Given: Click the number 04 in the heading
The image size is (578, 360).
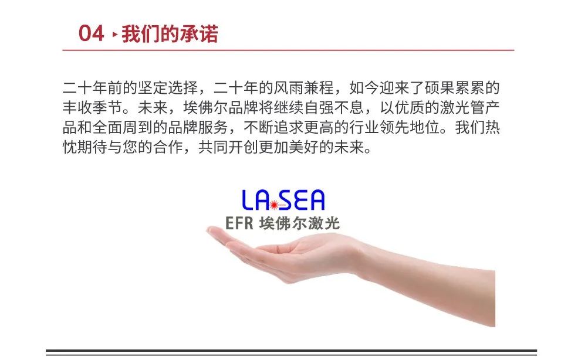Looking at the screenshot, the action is [x=91, y=33].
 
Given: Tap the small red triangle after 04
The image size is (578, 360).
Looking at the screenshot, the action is [x=115, y=34].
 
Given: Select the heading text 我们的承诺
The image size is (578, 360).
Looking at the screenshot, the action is [x=170, y=34].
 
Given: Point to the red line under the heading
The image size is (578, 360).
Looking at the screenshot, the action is [x=288, y=50].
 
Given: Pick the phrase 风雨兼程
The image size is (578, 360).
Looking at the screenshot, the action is [x=304, y=88].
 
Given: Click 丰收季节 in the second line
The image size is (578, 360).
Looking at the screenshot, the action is [x=93, y=108].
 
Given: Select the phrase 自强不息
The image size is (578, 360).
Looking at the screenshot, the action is [x=334, y=108].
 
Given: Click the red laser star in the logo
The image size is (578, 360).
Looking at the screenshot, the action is [x=274, y=205].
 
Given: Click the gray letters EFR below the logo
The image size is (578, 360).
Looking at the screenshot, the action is [x=239, y=223].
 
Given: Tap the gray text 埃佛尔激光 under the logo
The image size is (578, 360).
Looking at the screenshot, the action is [x=299, y=223].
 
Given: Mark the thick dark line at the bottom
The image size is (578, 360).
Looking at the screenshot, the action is [x=291, y=351].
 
